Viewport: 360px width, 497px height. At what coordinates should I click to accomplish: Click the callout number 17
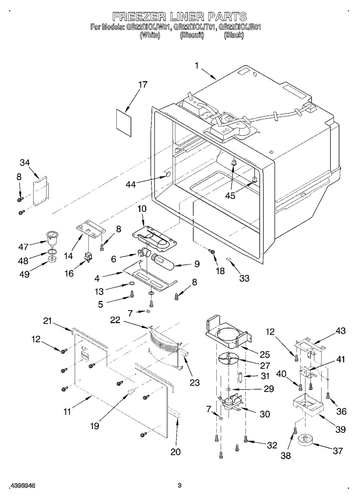pyautogui.click(x=143, y=85)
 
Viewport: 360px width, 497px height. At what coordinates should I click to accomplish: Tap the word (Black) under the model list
pyautogui.click(x=234, y=35)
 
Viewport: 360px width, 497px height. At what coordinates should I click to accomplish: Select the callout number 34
pyautogui.click(x=25, y=163)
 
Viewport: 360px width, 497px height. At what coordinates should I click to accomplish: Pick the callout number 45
pyautogui.click(x=230, y=195)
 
